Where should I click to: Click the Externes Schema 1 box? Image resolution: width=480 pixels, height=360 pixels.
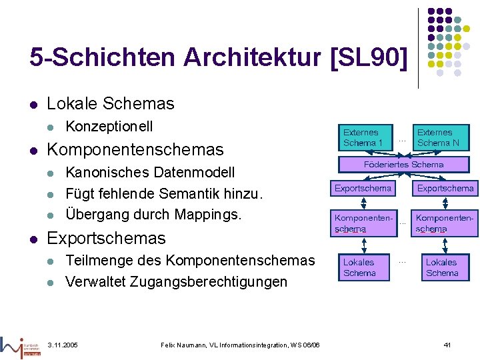pyautogui.click(x=363, y=137)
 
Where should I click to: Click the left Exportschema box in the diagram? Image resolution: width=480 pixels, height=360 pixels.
pyautogui.click(x=363, y=189)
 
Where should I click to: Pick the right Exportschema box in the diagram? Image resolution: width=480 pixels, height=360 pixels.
pyautogui.click(x=445, y=189)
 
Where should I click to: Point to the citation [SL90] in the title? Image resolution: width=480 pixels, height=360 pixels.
pyautogui.click(x=368, y=58)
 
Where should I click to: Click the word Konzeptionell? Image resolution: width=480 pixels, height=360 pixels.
pyautogui.click(x=109, y=126)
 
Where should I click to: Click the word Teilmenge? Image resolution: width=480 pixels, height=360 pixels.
pyautogui.click(x=98, y=261)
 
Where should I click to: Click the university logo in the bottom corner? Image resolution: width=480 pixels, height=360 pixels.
pyautogui.click(x=20, y=345)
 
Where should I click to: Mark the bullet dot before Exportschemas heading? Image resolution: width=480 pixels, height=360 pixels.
pyautogui.click(x=33, y=238)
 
